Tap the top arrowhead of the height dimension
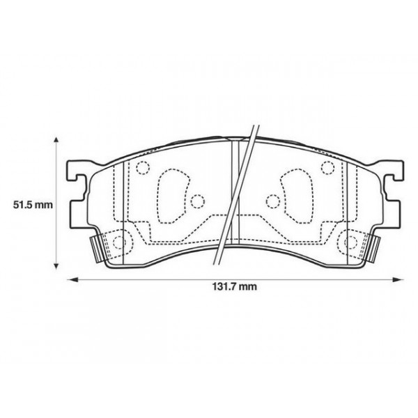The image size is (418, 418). click(x=56, y=139)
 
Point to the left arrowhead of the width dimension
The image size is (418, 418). click(x=70, y=281)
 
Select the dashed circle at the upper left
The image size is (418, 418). click(x=144, y=168)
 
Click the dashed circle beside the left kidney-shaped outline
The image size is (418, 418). click(x=198, y=203)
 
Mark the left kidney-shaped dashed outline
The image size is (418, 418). click(x=170, y=197)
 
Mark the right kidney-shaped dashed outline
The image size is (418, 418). click(x=295, y=197)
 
